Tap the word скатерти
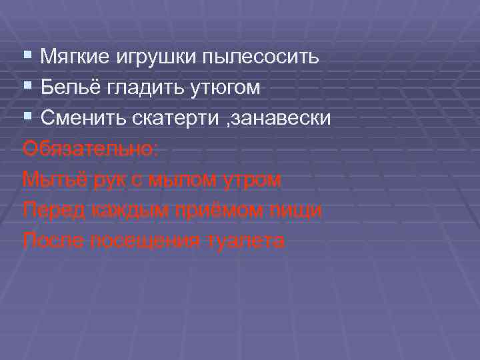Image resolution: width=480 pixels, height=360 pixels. (x=170, y=119)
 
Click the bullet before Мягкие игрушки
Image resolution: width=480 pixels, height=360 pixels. (x=27, y=55)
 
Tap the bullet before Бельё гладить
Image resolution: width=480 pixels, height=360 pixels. (x=27, y=86)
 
